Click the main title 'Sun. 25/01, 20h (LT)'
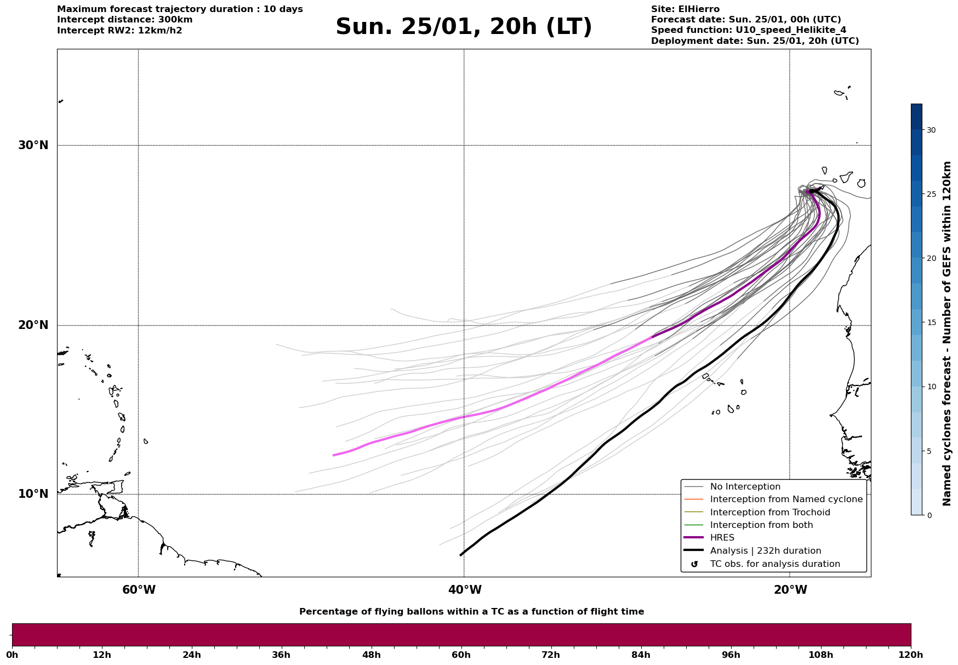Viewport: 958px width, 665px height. point(464,27)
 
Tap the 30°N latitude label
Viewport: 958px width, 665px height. point(33,145)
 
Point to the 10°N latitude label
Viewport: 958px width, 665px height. point(33,494)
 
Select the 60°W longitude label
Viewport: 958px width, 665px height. point(139,590)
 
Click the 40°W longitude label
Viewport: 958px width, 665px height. point(465,590)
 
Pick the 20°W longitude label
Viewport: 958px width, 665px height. point(790,590)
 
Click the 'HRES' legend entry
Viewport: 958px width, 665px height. point(722,538)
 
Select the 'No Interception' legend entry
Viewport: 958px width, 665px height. point(745,487)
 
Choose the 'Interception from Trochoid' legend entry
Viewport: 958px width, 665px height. point(769,513)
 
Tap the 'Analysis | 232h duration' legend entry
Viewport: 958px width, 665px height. point(765,551)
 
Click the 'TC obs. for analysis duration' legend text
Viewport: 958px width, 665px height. point(774,564)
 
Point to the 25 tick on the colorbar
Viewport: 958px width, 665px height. point(931,194)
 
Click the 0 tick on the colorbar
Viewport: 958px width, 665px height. point(928,515)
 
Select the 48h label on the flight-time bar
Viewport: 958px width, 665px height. point(371,655)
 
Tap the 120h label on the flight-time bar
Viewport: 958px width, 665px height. point(910,655)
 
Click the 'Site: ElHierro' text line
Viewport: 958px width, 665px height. point(685,9)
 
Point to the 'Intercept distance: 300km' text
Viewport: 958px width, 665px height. point(124,20)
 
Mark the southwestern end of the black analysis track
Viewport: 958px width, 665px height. point(461,555)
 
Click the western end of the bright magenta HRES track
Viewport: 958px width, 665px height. point(333,455)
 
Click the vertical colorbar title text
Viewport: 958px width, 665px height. point(946,333)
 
